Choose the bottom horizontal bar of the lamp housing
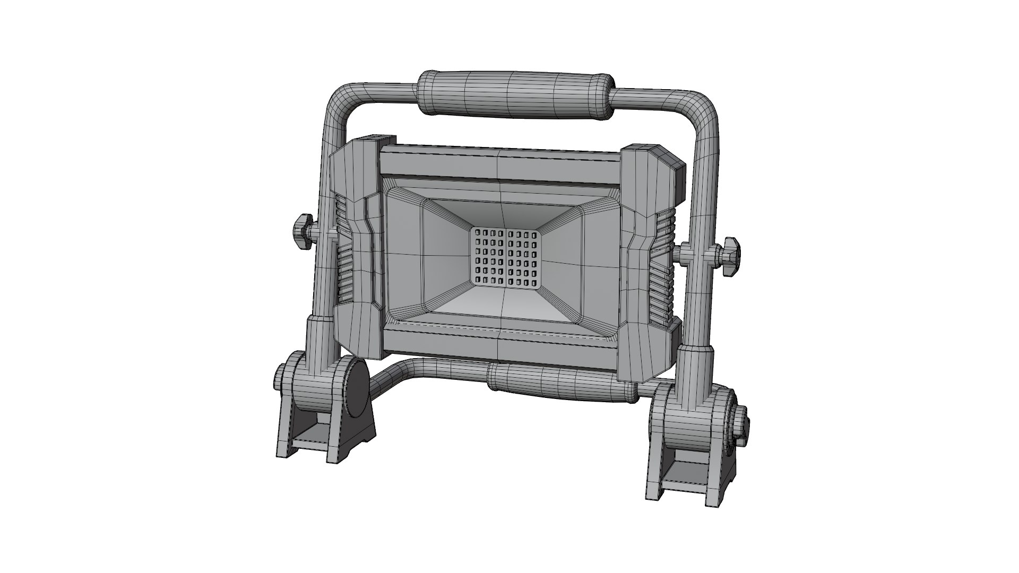(x=499, y=345)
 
